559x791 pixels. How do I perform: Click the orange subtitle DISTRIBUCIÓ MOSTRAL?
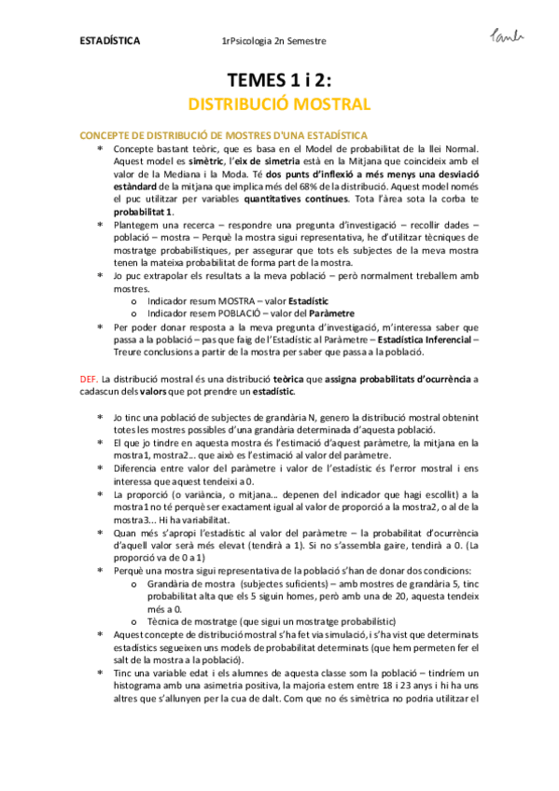point(279,103)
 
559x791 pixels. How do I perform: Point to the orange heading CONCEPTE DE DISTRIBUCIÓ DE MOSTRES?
point(223,136)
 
